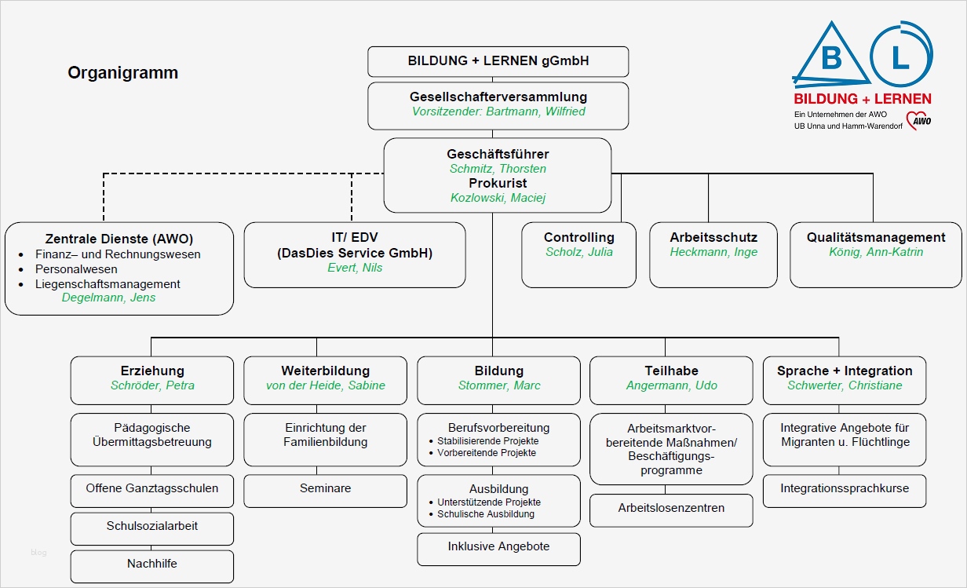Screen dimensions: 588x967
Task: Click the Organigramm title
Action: pos(122,73)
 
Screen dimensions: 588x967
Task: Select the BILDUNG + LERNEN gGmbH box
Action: pos(498,61)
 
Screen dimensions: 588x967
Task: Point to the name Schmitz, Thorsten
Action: pos(498,169)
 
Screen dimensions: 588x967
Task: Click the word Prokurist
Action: pos(498,183)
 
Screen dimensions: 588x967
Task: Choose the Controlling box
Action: pos(578,255)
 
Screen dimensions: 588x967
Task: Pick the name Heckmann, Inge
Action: pos(713,252)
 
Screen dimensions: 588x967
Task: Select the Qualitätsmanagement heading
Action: pos(876,237)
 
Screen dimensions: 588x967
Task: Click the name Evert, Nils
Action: pos(354,268)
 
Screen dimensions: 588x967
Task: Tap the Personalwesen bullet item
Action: pos(76,269)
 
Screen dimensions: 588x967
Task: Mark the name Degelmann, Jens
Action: pos(108,298)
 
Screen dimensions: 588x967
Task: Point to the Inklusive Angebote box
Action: pos(498,548)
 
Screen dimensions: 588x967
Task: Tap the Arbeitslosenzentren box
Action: pos(671,509)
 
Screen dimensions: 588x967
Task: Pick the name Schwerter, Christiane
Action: pos(845,385)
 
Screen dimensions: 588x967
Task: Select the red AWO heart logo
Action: pos(918,121)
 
